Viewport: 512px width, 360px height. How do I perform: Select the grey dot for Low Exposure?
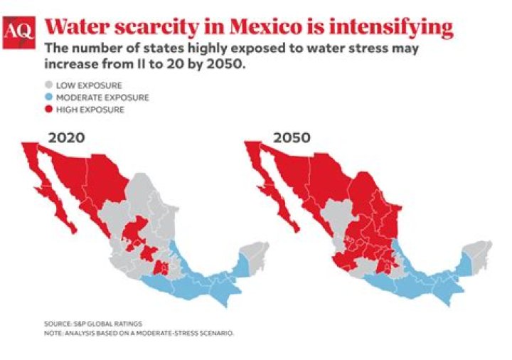pyautogui.click(x=50, y=85)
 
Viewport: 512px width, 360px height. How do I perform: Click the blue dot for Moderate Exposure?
pyautogui.click(x=50, y=97)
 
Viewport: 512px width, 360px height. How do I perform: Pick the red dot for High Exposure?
pyautogui.click(x=50, y=110)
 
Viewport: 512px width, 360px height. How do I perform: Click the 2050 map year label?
pyautogui.click(x=291, y=137)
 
